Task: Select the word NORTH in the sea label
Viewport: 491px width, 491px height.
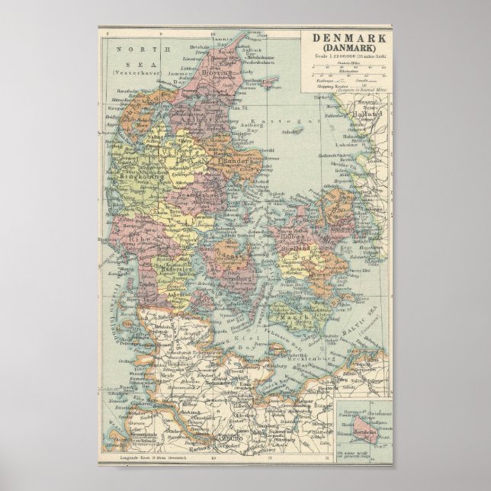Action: [127, 50]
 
